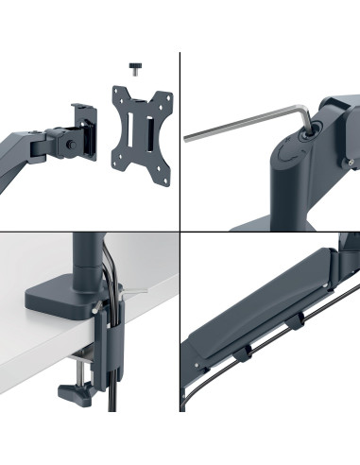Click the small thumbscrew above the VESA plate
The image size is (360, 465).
click(x=134, y=66)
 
